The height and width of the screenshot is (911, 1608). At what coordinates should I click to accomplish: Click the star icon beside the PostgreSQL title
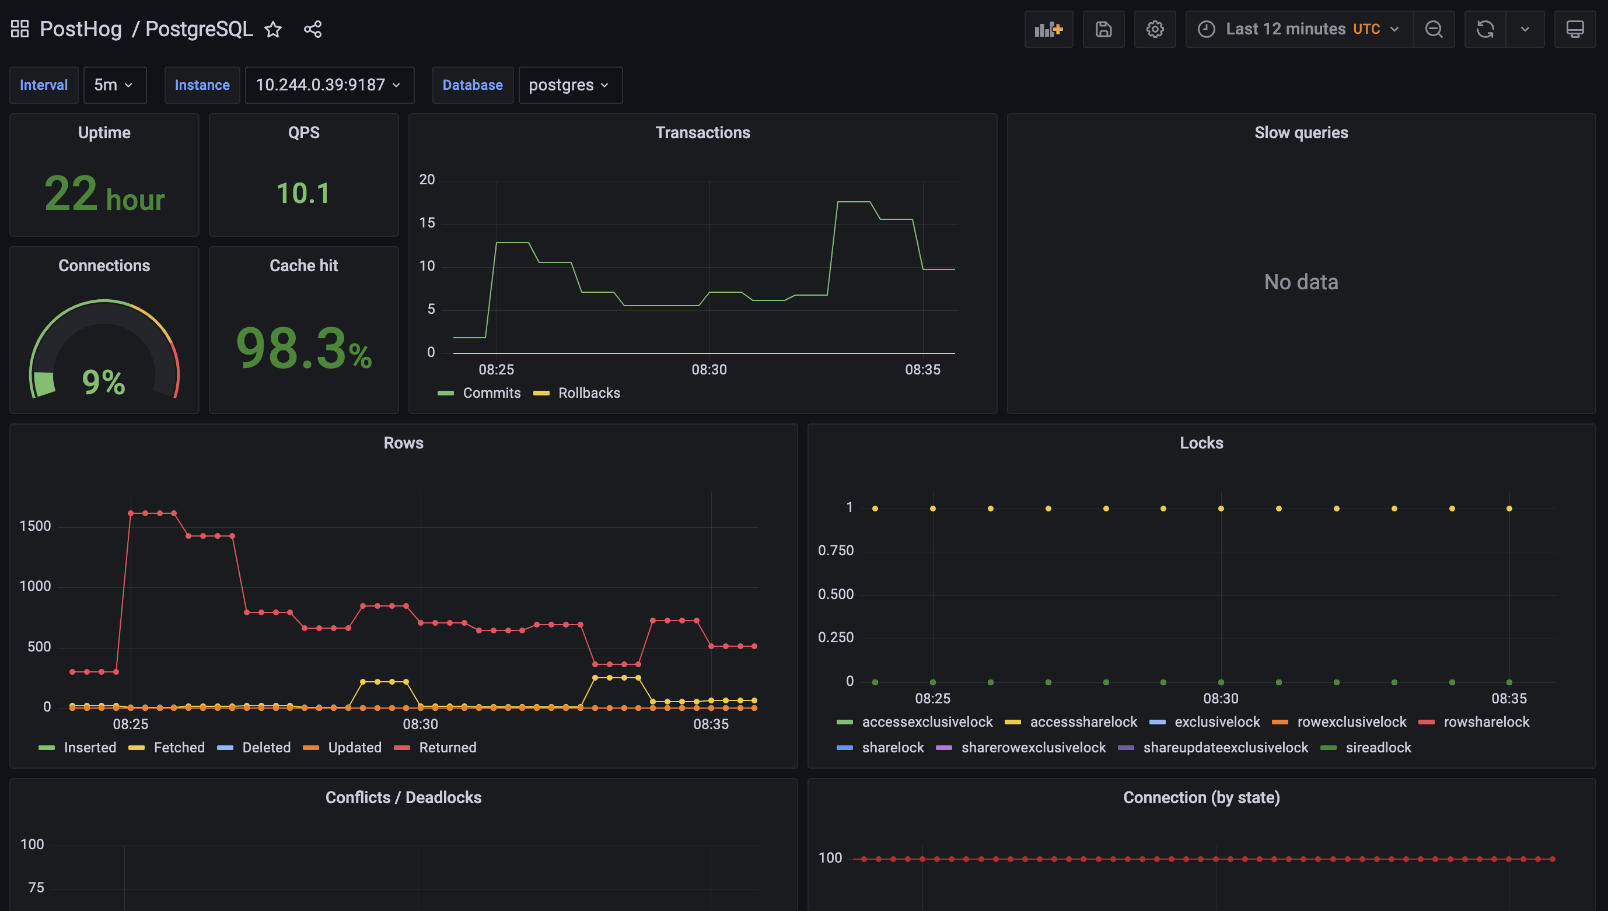click(x=273, y=29)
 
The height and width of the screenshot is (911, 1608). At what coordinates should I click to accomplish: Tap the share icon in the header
click(x=312, y=29)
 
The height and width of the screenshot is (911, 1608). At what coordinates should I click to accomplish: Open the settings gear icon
click(x=1155, y=29)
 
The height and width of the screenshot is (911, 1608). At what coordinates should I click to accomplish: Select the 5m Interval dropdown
click(x=114, y=85)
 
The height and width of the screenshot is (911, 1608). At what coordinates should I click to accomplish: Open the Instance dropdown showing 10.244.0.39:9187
click(x=328, y=85)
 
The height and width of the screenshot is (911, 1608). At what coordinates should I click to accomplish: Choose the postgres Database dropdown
click(x=569, y=85)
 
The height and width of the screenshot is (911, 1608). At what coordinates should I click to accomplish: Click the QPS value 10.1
click(x=303, y=193)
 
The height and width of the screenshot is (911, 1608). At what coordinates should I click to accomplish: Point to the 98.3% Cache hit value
click(x=303, y=349)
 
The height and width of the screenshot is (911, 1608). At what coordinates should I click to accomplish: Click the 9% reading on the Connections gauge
click(x=104, y=381)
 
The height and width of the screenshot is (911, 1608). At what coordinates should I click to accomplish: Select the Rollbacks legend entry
click(x=588, y=393)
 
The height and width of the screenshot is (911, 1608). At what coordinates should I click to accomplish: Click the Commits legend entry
click(x=491, y=393)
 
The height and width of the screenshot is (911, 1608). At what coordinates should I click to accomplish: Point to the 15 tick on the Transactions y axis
click(x=427, y=223)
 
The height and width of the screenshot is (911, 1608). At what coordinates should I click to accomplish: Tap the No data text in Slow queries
click(x=1301, y=282)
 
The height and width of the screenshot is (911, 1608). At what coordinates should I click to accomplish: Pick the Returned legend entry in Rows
click(x=447, y=748)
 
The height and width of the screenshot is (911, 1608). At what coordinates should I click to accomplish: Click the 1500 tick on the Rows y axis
click(x=35, y=526)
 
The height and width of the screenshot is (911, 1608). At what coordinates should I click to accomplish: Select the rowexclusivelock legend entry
click(x=1351, y=722)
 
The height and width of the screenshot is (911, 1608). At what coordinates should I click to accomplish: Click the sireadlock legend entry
click(x=1378, y=748)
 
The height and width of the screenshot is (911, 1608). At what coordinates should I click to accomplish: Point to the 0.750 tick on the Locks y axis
click(x=836, y=551)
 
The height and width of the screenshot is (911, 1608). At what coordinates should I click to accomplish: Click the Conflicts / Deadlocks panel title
click(x=403, y=798)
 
